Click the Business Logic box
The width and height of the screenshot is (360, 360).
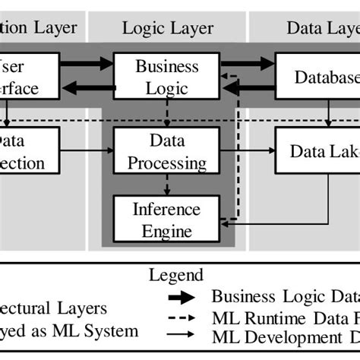[x=167, y=77]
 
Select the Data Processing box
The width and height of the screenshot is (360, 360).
[x=167, y=152]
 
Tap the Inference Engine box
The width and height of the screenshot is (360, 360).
[x=167, y=219]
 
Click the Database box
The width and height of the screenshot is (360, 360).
[x=318, y=77]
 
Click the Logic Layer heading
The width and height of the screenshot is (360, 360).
[x=168, y=29]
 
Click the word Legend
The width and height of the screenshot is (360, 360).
[x=176, y=274]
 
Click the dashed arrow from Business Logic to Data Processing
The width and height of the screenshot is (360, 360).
[x=167, y=113]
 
